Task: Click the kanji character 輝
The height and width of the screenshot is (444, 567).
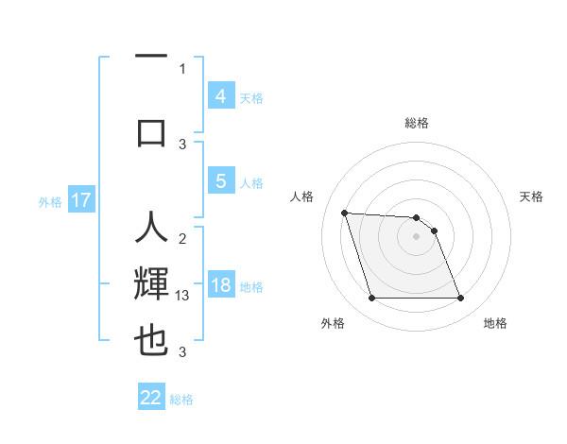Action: [151, 286]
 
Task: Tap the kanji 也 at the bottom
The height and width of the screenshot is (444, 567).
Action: [151, 341]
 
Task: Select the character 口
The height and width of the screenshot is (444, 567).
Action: [151, 131]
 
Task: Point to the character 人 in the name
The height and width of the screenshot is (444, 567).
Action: [151, 230]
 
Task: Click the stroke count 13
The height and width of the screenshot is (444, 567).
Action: [184, 296]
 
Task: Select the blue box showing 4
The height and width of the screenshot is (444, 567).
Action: [220, 95]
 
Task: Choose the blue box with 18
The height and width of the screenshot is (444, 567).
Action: [220, 285]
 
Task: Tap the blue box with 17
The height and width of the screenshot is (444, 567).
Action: [81, 200]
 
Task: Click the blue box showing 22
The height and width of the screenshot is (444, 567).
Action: [151, 398]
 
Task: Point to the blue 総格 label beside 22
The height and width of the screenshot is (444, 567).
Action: [181, 400]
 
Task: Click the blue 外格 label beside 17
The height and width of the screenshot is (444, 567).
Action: [50, 201]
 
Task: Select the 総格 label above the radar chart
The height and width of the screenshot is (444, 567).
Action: [416, 123]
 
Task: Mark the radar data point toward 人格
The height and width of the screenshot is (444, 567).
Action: [344, 213]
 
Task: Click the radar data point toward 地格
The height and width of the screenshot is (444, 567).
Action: [460, 299]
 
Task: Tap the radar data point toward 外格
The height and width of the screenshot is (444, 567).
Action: [371, 299]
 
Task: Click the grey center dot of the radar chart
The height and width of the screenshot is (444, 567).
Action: [416, 236]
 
